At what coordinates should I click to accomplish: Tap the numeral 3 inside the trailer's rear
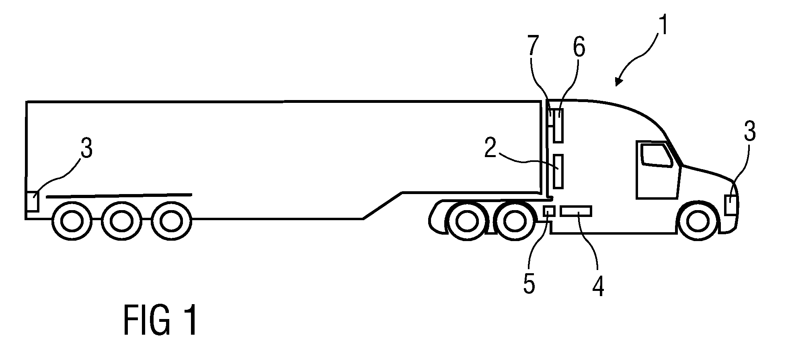coord(86,148)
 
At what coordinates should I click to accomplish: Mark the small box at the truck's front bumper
coord(731,205)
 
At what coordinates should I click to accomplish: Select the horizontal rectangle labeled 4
coord(576,211)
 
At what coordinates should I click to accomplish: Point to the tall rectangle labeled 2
coord(558,171)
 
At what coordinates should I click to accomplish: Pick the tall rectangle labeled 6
coord(558,125)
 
